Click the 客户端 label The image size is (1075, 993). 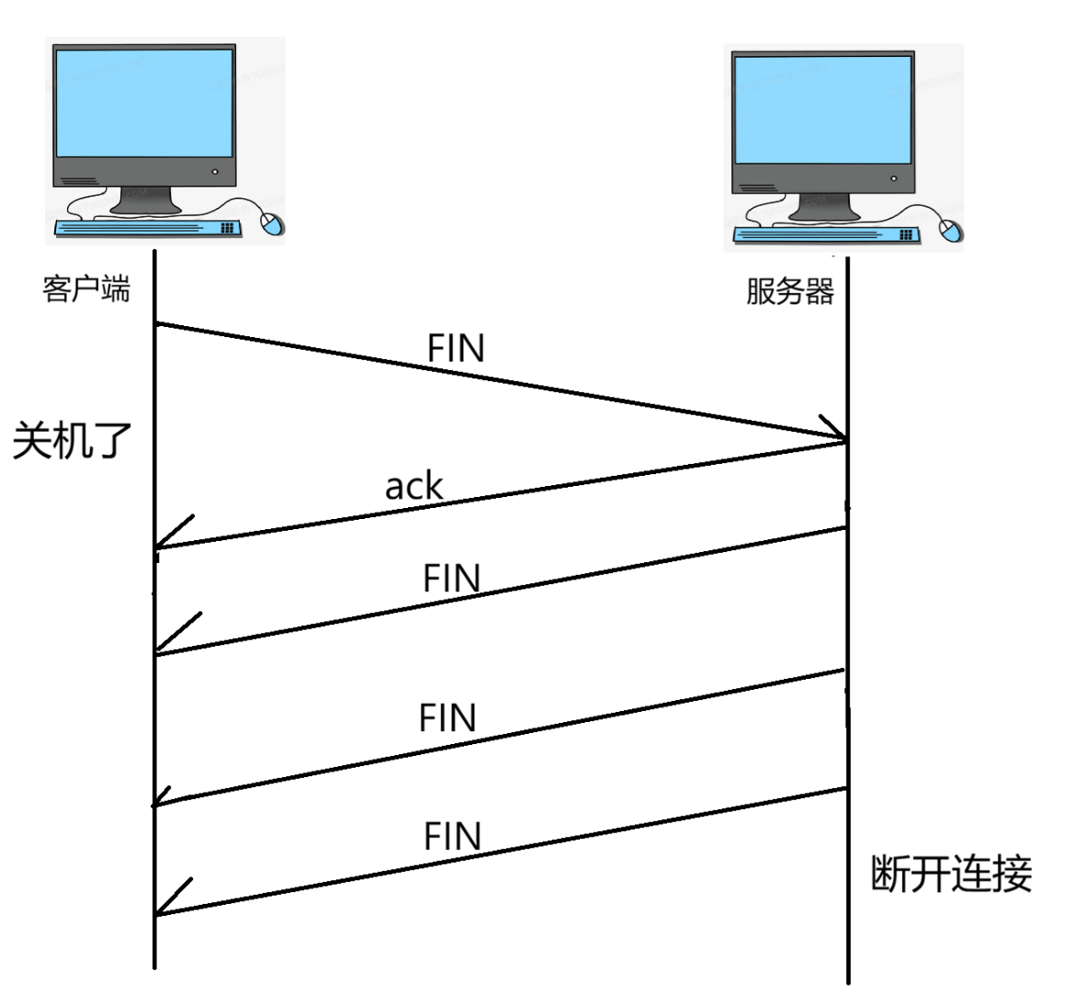[x=86, y=289]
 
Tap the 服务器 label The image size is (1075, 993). [x=790, y=291]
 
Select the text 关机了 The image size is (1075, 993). [x=73, y=441]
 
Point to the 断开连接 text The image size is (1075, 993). [x=951, y=874]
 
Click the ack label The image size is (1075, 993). [x=413, y=487]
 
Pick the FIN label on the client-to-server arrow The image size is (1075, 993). [x=456, y=349]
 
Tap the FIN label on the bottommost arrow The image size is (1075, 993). [x=452, y=837]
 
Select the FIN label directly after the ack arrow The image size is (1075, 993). [x=451, y=579]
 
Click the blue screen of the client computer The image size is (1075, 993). [x=144, y=102]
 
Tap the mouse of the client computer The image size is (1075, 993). [x=272, y=224]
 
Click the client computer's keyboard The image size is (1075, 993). [x=147, y=228]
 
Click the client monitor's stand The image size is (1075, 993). [x=144, y=201]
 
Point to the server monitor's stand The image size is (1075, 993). [x=824, y=207]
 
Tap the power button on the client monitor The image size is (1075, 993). [x=215, y=172]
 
